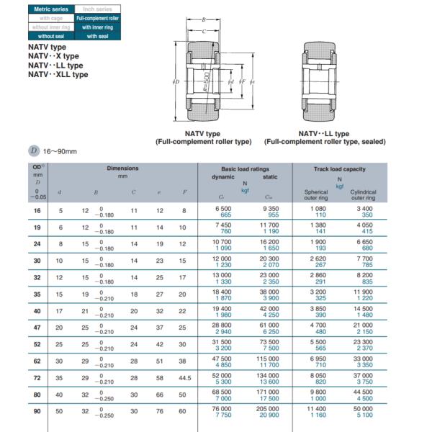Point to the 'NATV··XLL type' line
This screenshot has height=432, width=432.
pyautogui.click(x=58, y=74)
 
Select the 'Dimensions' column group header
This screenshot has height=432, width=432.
pyautogui.click(x=122, y=168)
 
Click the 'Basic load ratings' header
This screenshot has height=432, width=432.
pyautogui.click(x=245, y=168)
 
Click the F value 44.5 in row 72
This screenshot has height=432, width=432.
pyautogui.click(x=184, y=377)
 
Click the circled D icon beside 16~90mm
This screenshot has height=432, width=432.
pyautogui.click(x=33, y=150)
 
